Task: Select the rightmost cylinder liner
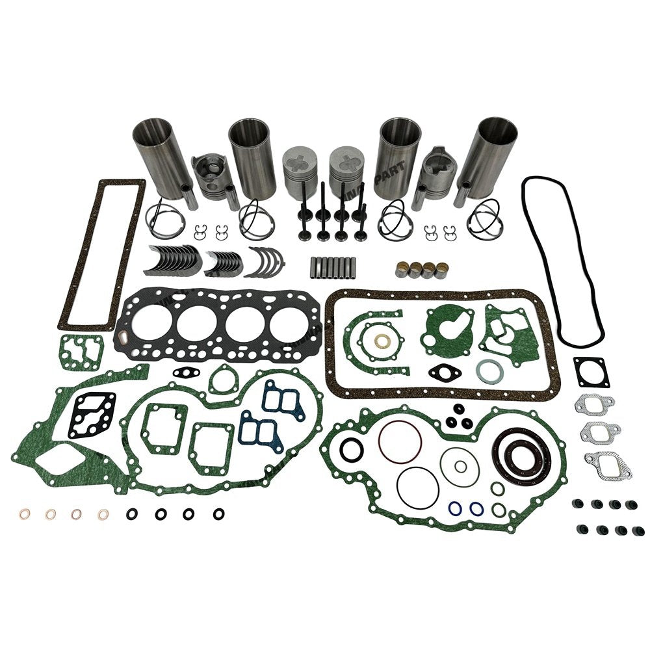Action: [x=496, y=153]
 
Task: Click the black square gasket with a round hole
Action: [x=591, y=372]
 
